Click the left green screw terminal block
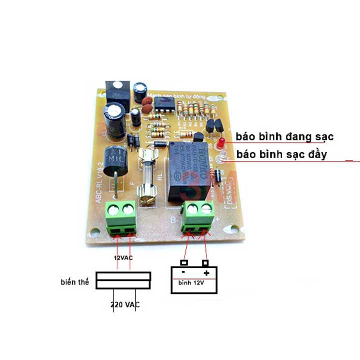pyautogui.click(x=121, y=216)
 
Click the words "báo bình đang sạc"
pyautogui.click(x=284, y=136)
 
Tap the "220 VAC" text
pyautogui.click(x=125, y=304)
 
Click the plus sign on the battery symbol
pyautogui.click(x=206, y=273)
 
